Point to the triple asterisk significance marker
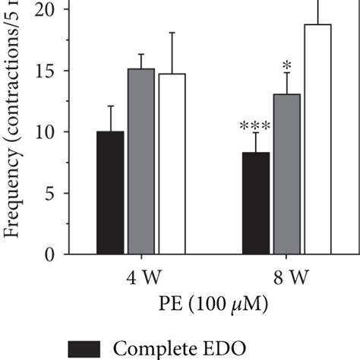click(256, 126)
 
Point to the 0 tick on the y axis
click(51, 255)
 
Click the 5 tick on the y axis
click(51, 194)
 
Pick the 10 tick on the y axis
click(46, 132)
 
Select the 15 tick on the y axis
click(46, 71)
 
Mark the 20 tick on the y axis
click(46, 10)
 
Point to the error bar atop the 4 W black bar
click(111, 118)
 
